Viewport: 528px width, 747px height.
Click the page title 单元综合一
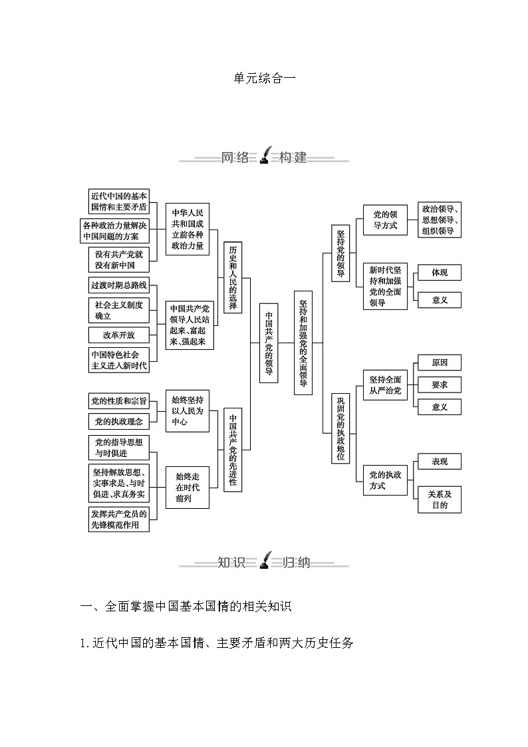pyautogui.click(x=264, y=78)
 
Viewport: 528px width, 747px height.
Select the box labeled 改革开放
pyautogui.click(x=118, y=335)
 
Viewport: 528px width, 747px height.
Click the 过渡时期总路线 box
pyautogui.click(x=118, y=285)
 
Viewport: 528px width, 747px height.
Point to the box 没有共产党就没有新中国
pyautogui.click(x=118, y=259)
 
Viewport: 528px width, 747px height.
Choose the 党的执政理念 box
pyautogui.click(x=118, y=421)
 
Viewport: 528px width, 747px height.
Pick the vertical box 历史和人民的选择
pyautogui.click(x=233, y=277)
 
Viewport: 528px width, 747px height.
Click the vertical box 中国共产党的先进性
pyautogui.click(x=233, y=450)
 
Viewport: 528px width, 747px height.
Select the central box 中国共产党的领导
pyautogui.click(x=268, y=343)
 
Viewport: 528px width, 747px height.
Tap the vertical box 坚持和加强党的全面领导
pyautogui.click(x=303, y=343)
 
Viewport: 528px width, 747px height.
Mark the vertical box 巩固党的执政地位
pyautogui.click(x=340, y=429)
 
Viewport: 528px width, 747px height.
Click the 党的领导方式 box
pyautogui.click(x=384, y=220)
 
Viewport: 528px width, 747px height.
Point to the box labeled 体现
pyautogui.click(x=439, y=273)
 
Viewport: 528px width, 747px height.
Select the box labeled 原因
pyautogui.click(x=439, y=363)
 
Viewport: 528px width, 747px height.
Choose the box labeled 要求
pyautogui.click(x=439, y=384)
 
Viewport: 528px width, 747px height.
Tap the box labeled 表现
pyautogui.click(x=439, y=462)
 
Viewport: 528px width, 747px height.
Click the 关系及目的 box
pyautogui.click(x=439, y=500)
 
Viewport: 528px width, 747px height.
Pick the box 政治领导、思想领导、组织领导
pyautogui.click(x=439, y=220)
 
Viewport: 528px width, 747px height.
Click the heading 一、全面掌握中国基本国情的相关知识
pyautogui.click(x=186, y=606)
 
